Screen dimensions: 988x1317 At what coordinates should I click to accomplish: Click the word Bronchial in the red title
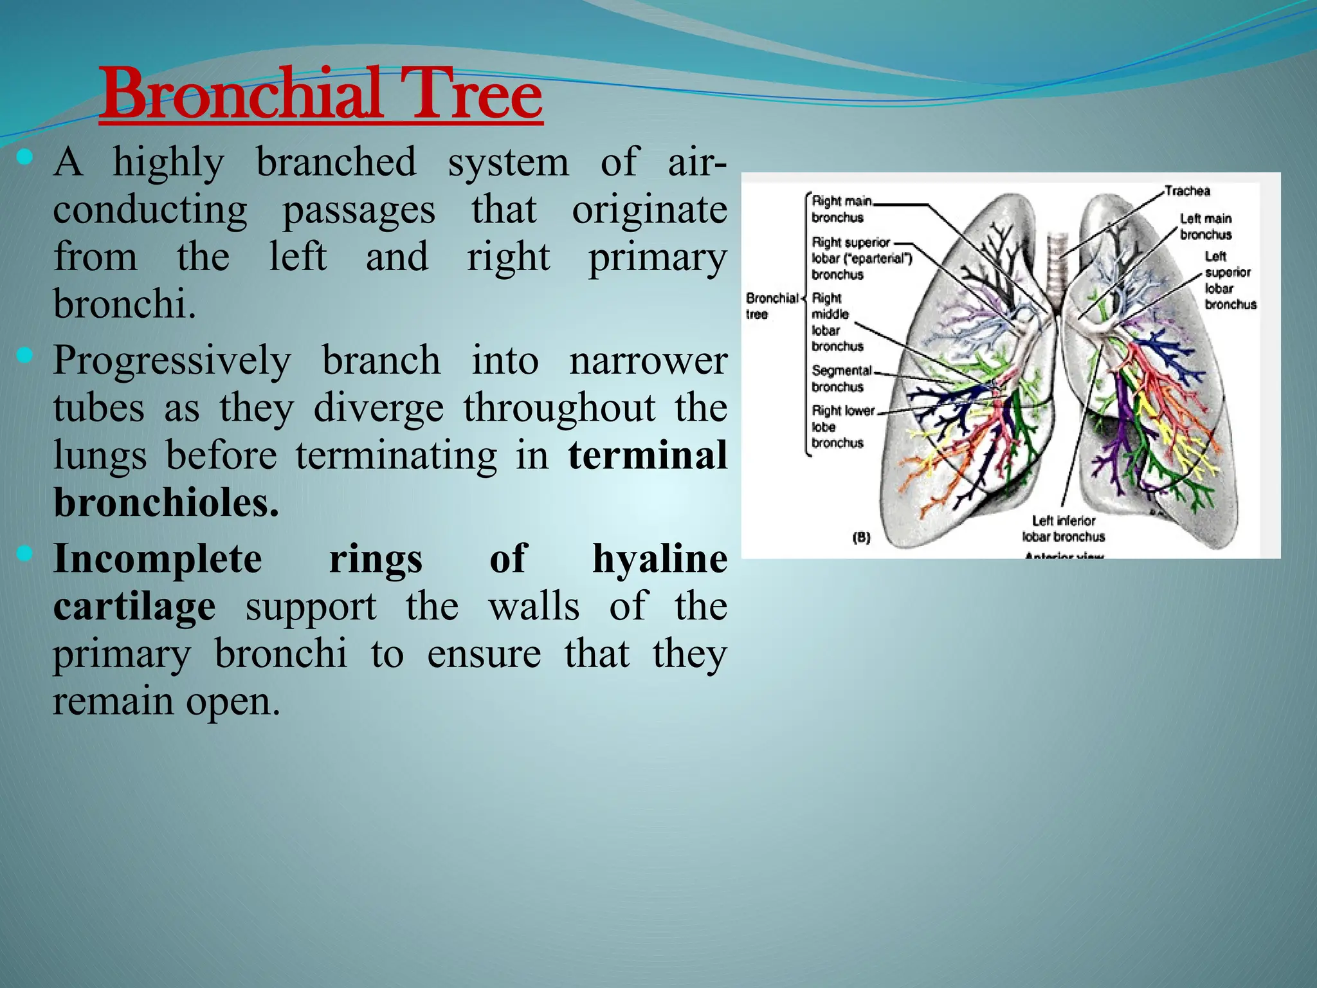(242, 95)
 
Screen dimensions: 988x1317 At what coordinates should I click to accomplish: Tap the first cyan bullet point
(24, 156)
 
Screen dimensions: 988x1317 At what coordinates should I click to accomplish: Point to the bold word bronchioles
(166, 502)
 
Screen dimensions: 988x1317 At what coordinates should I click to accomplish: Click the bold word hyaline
(659, 558)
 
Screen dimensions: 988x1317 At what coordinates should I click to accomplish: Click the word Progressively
(172, 360)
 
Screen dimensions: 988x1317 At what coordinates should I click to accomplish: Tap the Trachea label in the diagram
(1187, 191)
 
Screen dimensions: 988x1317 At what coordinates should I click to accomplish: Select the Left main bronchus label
(1205, 226)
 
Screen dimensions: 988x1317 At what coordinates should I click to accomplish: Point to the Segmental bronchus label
(840, 378)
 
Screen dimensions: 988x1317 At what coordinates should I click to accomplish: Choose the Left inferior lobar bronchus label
(1064, 529)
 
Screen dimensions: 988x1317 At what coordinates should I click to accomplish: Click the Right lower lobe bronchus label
(841, 426)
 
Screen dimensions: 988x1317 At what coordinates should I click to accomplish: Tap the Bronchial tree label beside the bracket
(770, 306)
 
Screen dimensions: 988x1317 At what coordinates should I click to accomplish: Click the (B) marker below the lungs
(861, 537)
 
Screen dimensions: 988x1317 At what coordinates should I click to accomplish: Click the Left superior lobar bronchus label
(1229, 280)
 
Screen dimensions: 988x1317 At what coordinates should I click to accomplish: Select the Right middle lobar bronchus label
(835, 322)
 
